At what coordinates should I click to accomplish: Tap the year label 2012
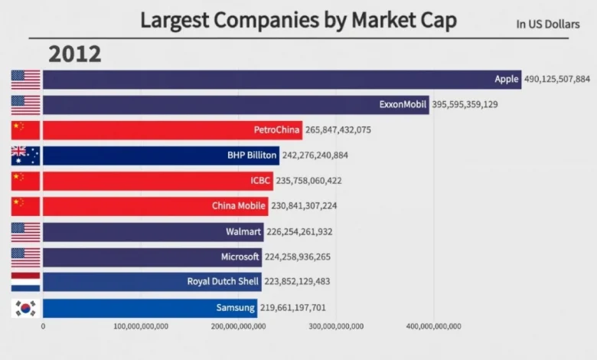tap(75, 54)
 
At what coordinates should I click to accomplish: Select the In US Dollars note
tap(548, 24)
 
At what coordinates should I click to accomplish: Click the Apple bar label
tap(506, 79)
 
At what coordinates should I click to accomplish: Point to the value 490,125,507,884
tap(557, 79)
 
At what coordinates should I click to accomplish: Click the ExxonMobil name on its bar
tap(403, 104)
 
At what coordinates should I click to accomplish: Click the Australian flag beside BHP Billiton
tap(25, 155)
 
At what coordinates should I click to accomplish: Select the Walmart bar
tap(153, 231)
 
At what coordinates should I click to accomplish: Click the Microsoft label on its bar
tap(240, 257)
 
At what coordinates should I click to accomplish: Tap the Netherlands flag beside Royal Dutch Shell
tap(25, 282)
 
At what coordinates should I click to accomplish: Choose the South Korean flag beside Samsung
tap(25, 308)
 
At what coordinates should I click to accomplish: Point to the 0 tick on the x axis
tap(43, 326)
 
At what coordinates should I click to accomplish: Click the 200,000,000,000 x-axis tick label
tap(237, 326)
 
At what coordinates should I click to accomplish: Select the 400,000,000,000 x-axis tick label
tap(432, 326)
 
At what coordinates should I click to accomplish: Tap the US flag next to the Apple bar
tap(25, 79)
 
